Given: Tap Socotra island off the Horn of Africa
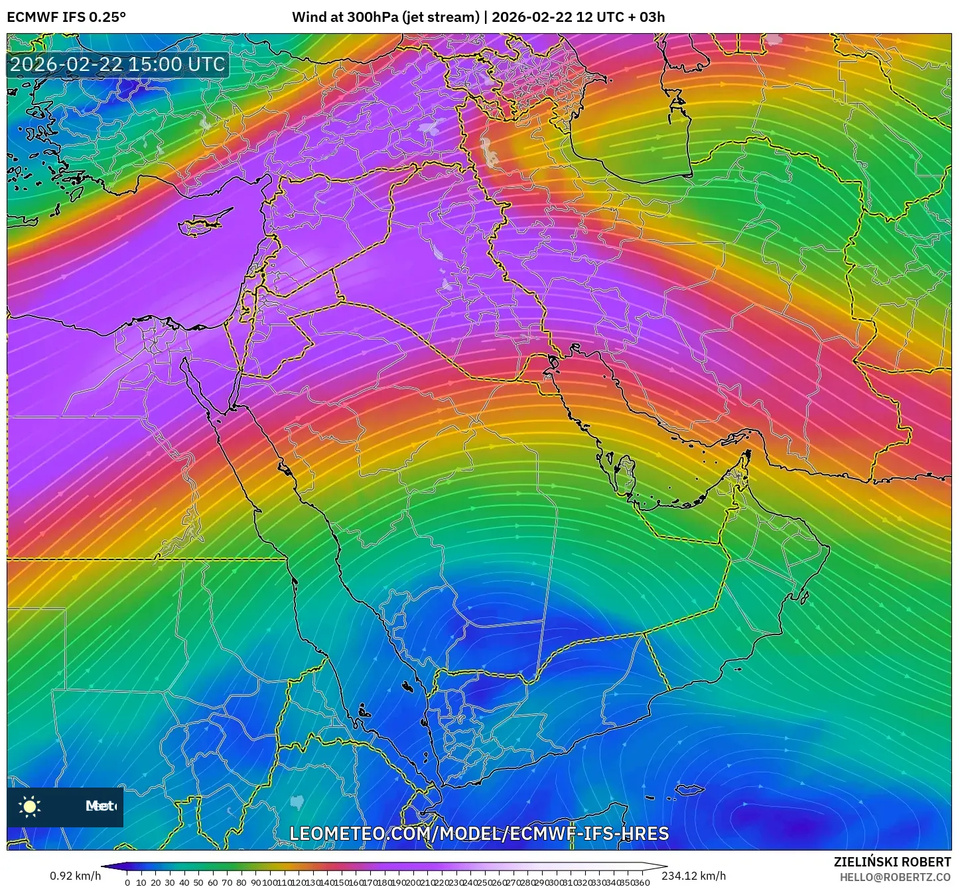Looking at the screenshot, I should point(690,790).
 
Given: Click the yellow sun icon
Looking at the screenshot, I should point(30,806).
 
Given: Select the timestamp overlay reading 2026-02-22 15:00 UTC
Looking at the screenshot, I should point(117,64).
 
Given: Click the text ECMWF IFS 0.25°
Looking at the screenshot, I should point(66,17).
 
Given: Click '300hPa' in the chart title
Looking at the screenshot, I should point(372,17).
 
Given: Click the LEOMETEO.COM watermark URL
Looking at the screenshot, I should point(479,833).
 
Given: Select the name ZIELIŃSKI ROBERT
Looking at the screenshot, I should point(892,861).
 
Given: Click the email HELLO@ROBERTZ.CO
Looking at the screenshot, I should point(895,876).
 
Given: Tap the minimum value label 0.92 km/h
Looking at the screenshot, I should point(76,876).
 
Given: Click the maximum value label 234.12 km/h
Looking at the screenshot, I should point(694,876).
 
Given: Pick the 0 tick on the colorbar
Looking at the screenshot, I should point(127,882).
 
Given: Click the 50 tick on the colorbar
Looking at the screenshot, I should point(198,882).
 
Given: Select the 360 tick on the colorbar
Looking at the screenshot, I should point(642,882).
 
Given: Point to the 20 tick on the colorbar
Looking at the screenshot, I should point(156,882).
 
